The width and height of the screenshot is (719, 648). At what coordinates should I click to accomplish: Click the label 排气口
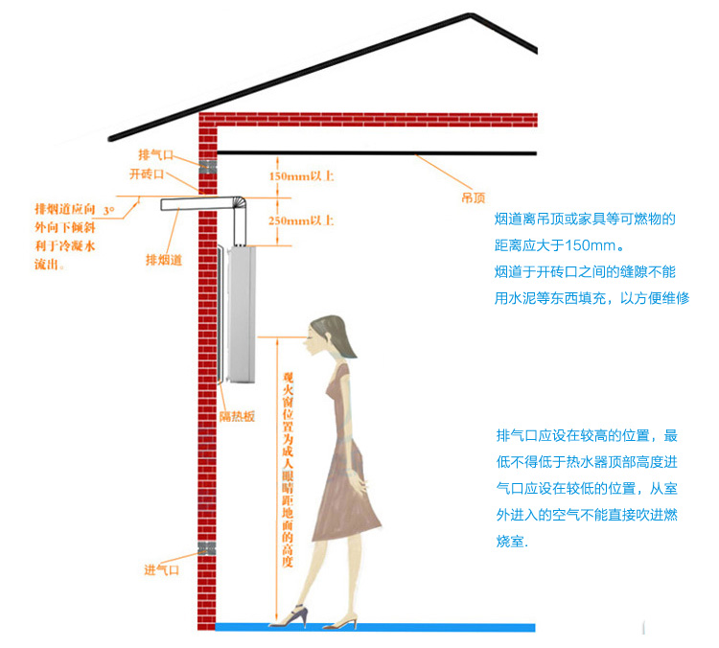(x=153, y=154)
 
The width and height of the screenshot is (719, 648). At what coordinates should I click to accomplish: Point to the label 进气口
(x=161, y=570)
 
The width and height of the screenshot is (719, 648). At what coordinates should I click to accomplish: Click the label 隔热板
(x=237, y=415)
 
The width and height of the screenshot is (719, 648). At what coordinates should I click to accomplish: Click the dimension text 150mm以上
(x=302, y=176)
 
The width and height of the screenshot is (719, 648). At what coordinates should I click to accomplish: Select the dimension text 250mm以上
(x=302, y=220)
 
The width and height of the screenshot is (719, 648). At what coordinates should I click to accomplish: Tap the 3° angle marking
(x=108, y=208)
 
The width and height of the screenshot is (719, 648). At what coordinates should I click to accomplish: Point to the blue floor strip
(x=374, y=627)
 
